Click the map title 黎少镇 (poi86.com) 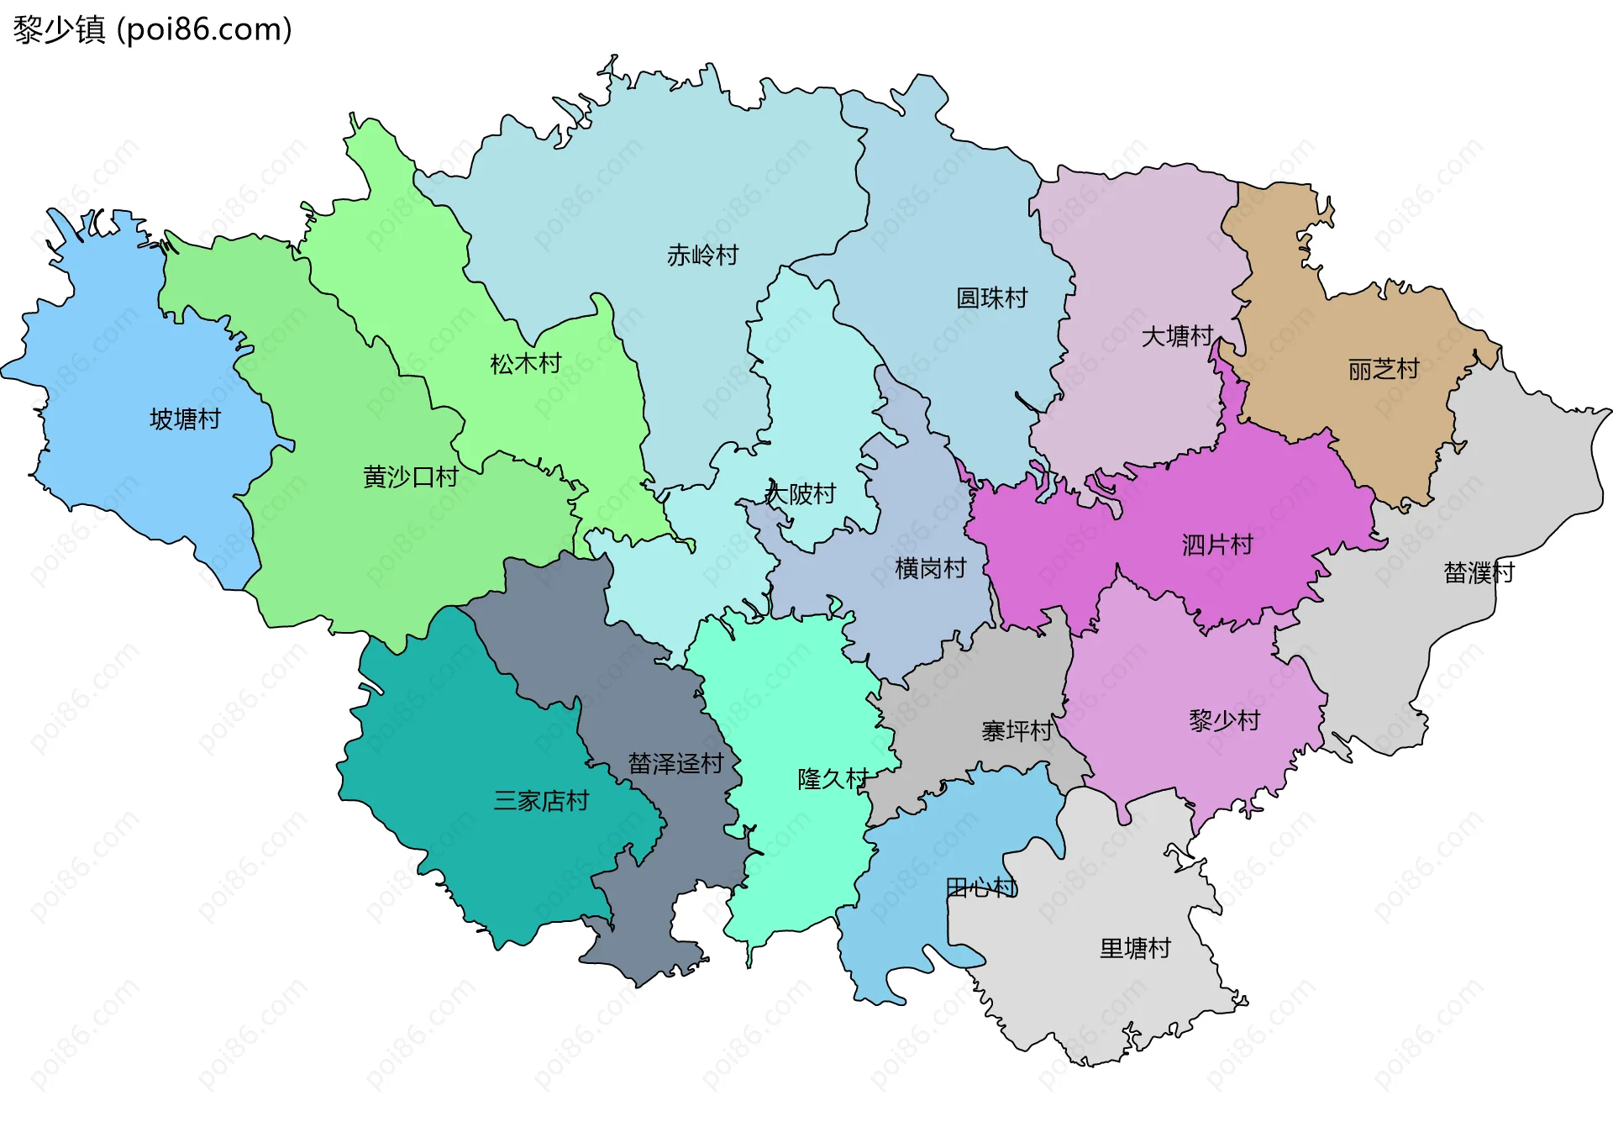tap(152, 29)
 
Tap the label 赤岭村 tap(702, 255)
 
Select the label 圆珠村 tap(991, 298)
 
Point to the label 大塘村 tap(1176, 336)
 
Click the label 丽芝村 tap(1383, 368)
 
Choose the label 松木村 tap(525, 363)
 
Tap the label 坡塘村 tap(185, 419)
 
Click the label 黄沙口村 tap(410, 477)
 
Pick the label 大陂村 tap(800, 493)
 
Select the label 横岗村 tap(930, 568)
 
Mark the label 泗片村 tap(1216, 545)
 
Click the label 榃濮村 tap(1479, 572)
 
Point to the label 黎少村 tap(1224, 720)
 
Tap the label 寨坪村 tap(1017, 730)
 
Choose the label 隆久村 tap(833, 779)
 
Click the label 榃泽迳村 tap(675, 763)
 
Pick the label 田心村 tap(981, 887)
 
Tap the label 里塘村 tap(1135, 948)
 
